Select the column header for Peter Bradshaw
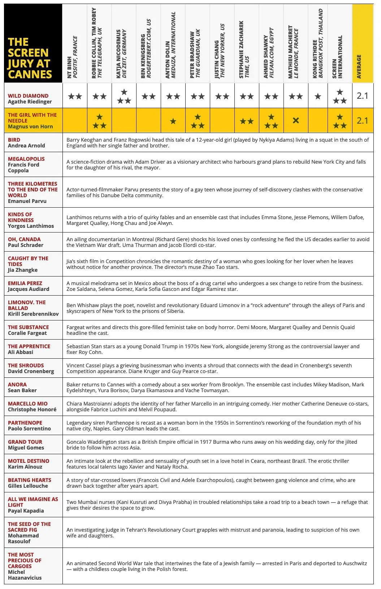tap(195, 54)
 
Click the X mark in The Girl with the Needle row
tap(295, 120)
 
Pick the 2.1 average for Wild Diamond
tap(362, 96)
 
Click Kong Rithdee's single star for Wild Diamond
tap(318, 96)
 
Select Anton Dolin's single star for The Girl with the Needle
tap(173, 121)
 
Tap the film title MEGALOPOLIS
tap(26, 159)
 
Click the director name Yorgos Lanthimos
tap(31, 226)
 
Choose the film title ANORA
tap(17, 385)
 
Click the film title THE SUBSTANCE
tap(28, 327)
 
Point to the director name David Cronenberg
tap(31, 371)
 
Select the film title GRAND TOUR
tap(25, 442)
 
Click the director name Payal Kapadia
tap(26, 511)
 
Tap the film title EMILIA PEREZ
tap(25, 283)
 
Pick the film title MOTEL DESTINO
tap(29, 461)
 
